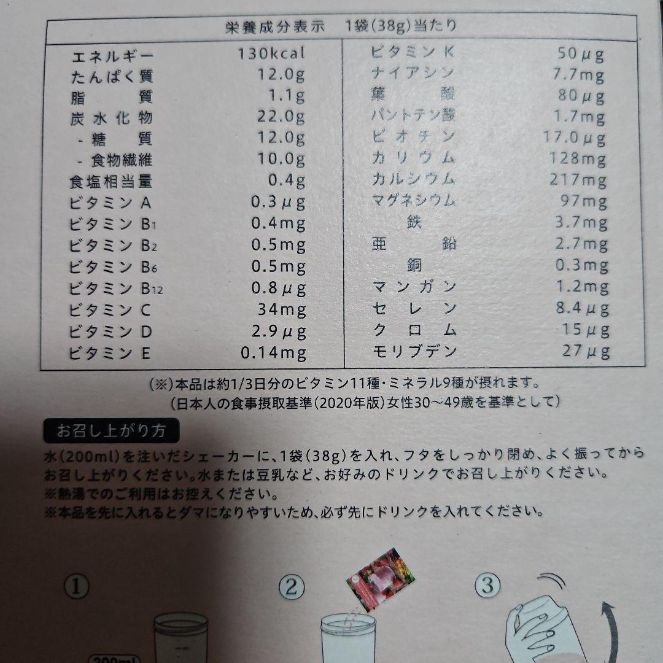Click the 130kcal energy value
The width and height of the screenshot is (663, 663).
point(271,53)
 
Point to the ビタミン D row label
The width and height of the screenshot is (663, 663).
point(110,331)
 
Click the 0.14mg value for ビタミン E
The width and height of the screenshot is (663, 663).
point(273,353)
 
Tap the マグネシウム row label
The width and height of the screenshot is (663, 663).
point(414,200)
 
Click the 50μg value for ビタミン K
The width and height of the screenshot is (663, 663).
point(580,54)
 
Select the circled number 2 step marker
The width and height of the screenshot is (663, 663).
point(292,587)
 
